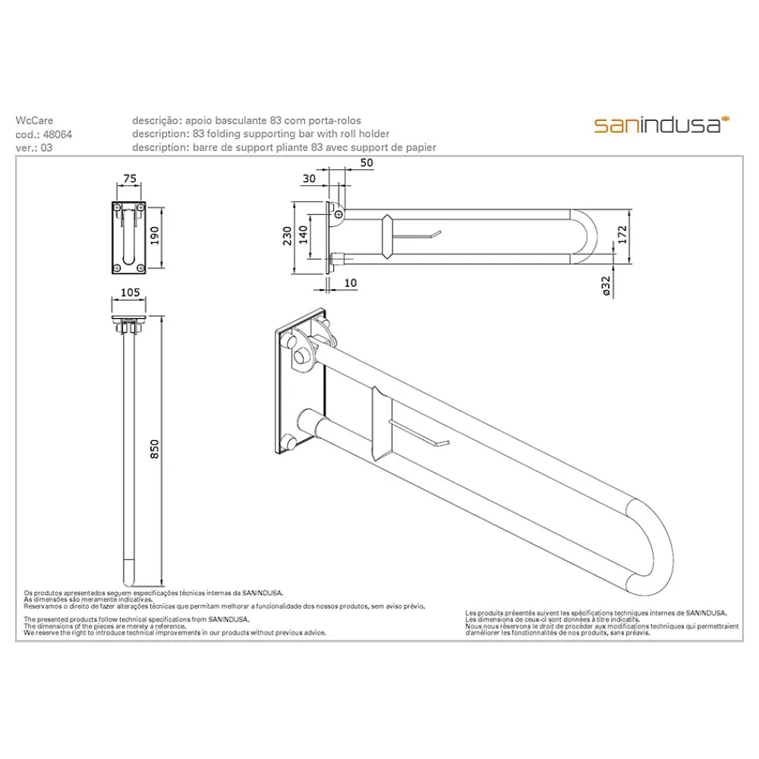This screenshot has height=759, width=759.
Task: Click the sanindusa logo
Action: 661,125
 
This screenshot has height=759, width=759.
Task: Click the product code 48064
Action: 58,134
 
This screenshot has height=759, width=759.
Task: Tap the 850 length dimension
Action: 154,449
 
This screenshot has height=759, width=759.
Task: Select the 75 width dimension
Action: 130,178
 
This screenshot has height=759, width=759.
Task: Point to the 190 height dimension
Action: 155,236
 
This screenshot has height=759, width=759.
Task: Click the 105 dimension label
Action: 130,292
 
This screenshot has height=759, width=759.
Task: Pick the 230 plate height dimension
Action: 287,236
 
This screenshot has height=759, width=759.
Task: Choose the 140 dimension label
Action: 303,235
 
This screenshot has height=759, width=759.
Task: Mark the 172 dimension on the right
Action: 622,235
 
